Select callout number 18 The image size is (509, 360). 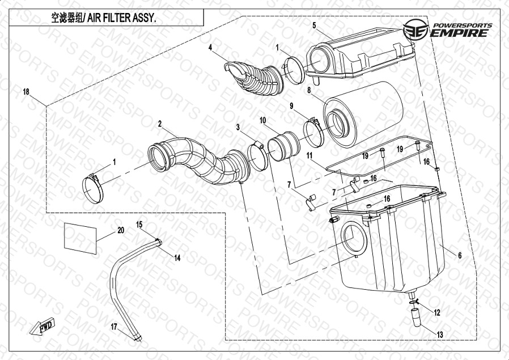(x=26, y=92)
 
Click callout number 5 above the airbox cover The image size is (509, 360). (x=314, y=25)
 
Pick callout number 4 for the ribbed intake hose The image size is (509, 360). (x=210, y=48)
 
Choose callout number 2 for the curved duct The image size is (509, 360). (x=160, y=124)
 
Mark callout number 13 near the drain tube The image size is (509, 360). (x=440, y=334)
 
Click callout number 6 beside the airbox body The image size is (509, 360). (x=460, y=256)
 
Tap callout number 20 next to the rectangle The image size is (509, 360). (x=120, y=230)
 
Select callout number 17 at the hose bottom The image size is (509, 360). (x=113, y=327)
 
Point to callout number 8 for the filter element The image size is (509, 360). (x=309, y=90)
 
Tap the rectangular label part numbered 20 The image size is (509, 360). (x=80, y=237)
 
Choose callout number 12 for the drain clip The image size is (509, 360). (x=437, y=312)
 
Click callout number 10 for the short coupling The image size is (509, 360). (x=263, y=120)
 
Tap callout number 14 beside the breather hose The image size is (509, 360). (x=177, y=258)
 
